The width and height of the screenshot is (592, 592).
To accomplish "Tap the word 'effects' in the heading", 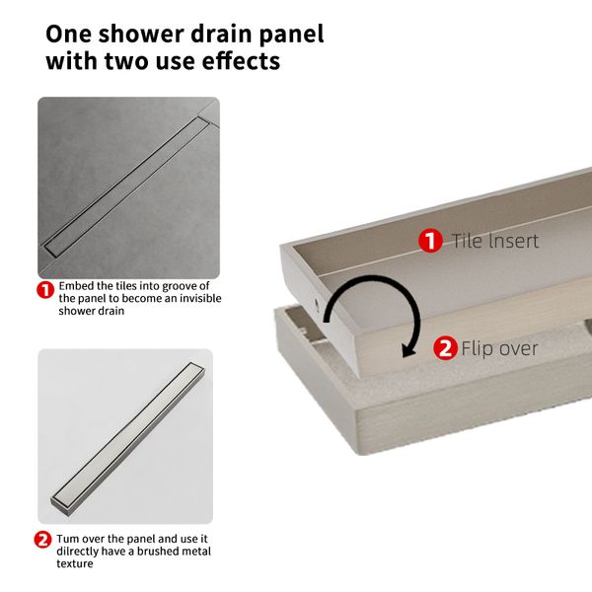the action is [241, 61].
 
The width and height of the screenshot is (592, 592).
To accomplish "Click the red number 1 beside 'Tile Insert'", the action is [430, 241].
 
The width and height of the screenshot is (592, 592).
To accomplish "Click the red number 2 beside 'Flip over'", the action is [445, 348].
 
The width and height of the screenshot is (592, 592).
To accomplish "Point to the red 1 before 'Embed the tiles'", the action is [45, 290].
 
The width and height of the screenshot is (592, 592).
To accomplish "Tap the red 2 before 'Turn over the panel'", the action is [42, 540].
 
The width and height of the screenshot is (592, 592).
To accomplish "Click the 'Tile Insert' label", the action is [495, 241].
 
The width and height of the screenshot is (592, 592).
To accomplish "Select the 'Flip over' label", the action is [499, 348].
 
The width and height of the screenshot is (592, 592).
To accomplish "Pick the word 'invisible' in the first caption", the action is [200, 298].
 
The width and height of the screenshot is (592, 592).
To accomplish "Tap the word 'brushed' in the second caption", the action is [156, 552].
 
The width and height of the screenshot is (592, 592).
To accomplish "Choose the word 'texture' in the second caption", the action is [75, 564].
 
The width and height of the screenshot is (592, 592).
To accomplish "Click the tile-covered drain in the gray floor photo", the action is [127, 186].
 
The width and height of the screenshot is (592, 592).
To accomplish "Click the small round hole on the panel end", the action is [317, 304].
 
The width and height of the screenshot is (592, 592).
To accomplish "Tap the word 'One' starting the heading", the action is [68, 34].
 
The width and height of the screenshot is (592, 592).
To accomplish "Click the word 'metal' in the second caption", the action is [194, 552].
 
